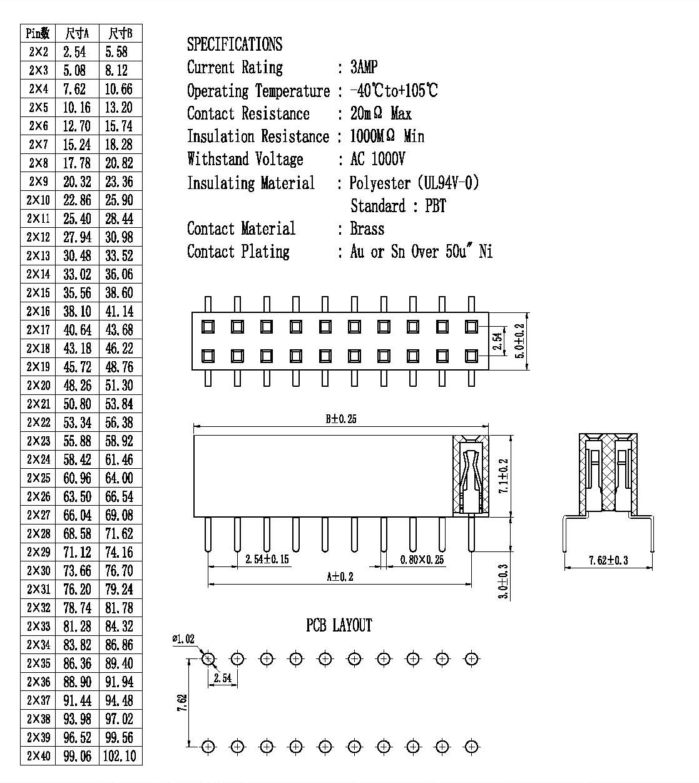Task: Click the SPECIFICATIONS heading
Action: tap(235, 44)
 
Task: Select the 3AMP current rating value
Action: tap(364, 67)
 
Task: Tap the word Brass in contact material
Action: tap(367, 228)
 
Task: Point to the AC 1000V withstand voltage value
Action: tap(377, 159)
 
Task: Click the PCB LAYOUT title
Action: tap(339, 625)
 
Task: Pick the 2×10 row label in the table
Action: tap(38, 200)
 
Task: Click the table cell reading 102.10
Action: tap(120, 755)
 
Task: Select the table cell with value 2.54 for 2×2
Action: tap(74, 52)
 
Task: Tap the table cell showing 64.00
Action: tap(119, 478)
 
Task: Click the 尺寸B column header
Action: tap(120, 33)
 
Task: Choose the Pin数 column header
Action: tap(38, 33)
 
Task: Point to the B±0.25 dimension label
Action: tap(341, 419)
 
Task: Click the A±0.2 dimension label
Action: tap(340, 576)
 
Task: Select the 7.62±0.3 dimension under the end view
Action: tap(608, 560)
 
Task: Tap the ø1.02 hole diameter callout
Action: tap(183, 639)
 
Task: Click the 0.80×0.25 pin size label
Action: tap(422, 560)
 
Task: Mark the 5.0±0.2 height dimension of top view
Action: tap(519, 341)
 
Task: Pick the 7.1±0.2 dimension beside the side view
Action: tap(504, 476)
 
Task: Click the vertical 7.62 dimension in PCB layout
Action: tap(182, 703)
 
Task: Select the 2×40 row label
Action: tap(38, 755)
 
